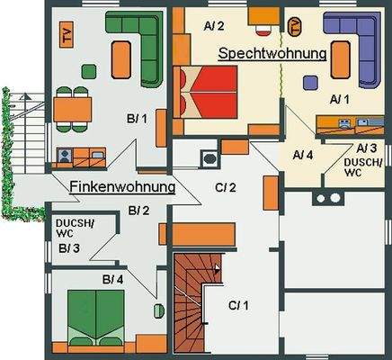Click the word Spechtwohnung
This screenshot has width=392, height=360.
[x=272, y=54]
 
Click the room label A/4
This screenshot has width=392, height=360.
[x=303, y=154]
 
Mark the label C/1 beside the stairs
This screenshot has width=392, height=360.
[x=237, y=305]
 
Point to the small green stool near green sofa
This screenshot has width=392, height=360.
[x=89, y=70]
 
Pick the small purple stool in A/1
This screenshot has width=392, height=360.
[x=309, y=82]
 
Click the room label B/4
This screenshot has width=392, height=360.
[x=111, y=280]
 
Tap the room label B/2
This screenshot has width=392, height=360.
[x=139, y=211]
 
